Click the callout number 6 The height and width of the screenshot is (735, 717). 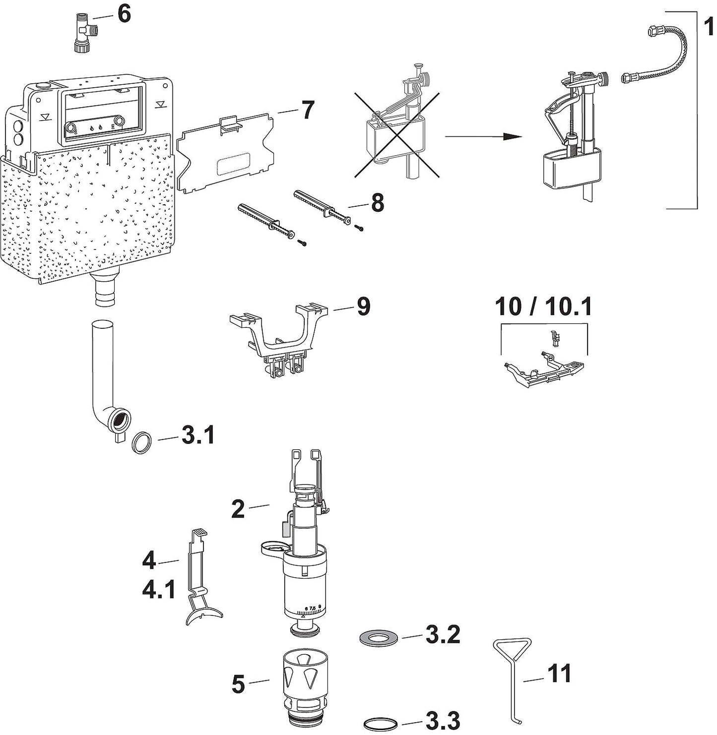pos(124,14)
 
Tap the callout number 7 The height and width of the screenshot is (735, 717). pos(308,110)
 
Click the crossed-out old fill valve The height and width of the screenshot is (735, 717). pos(397,133)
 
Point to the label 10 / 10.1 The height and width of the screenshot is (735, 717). pos(543,307)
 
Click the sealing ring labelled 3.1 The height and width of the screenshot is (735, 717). pos(143,441)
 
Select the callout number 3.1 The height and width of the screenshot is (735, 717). pos(197,436)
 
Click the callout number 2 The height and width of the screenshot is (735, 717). pos(238,509)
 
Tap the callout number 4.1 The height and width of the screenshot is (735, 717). pos(159,590)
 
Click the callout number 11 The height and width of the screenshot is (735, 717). pos(559,674)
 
